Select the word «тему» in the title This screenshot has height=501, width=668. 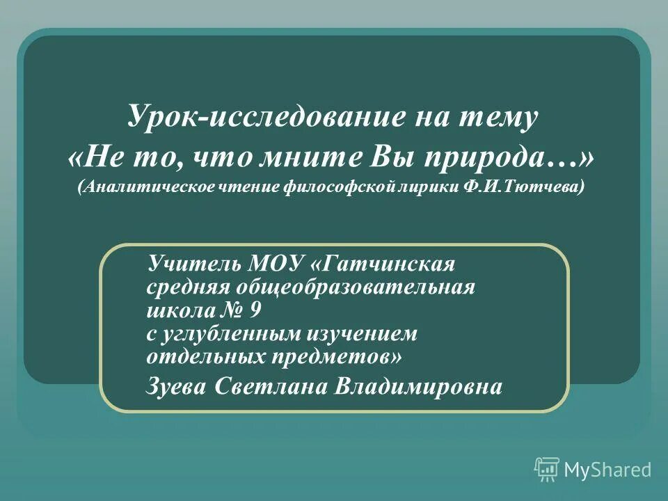point(500,118)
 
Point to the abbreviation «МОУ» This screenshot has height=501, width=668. point(271,265)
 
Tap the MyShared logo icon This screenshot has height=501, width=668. point(547,469)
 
